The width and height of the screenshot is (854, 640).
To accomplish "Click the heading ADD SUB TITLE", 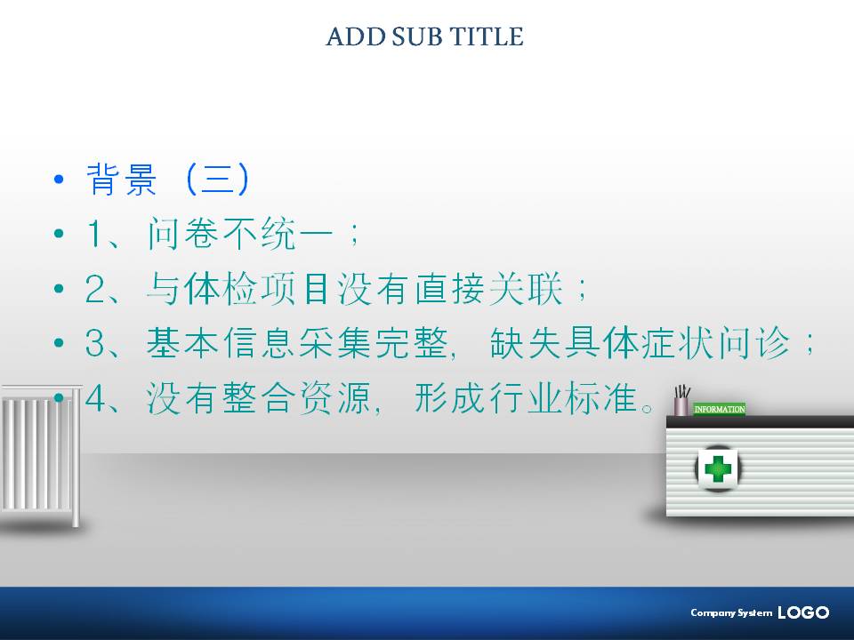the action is click(425, 37).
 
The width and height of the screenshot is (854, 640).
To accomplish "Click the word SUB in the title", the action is click(417, 37).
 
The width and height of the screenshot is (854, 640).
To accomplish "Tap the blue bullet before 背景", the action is click(59, 179).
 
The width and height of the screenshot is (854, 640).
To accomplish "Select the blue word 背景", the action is click(122, 179).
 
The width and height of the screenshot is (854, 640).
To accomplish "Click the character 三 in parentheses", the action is click(217, 179).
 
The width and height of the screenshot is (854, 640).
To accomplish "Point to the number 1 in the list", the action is click(95, 234).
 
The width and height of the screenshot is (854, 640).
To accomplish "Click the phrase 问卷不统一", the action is click(240, 234).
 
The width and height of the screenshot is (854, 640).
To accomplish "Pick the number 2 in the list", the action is click(95, 288).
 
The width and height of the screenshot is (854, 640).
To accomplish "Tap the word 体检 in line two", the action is click(221, 288).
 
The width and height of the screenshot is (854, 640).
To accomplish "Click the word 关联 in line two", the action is click(526, 288).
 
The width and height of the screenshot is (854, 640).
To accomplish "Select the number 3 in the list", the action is click(95, 343).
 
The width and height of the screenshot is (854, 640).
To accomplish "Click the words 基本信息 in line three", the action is click(221, 343).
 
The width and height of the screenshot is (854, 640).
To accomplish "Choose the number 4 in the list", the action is click(95, 398).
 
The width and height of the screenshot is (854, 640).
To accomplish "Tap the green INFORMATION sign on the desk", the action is click(720, 409).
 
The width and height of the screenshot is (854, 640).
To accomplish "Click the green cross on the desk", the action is click(718, 469).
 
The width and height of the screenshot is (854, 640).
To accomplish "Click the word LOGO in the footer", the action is click(803, 612).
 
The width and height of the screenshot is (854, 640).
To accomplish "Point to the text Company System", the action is click(731, 612).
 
